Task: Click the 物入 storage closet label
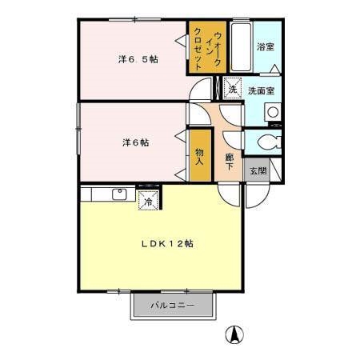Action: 199,156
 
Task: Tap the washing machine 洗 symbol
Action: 232,88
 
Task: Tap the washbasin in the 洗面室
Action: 272,112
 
